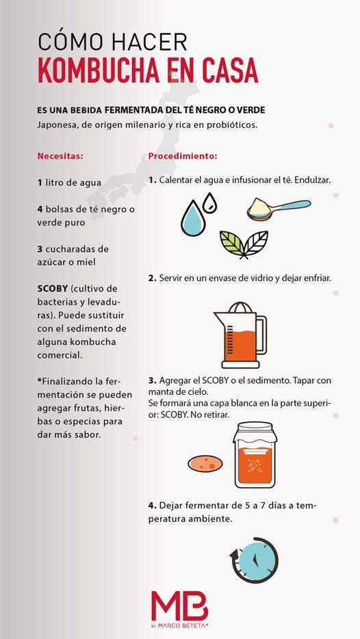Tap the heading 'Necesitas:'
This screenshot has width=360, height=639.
point(60,156)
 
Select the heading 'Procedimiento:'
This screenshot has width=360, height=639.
point(183,156)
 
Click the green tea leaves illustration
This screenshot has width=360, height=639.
point(243,243)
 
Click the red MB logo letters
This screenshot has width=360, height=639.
point(179,606)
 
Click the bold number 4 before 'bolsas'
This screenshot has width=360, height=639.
point(40,209)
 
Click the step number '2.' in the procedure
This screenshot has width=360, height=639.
point(152,278)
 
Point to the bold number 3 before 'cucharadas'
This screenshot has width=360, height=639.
point(40,248)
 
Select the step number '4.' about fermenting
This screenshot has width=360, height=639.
point(152,505)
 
